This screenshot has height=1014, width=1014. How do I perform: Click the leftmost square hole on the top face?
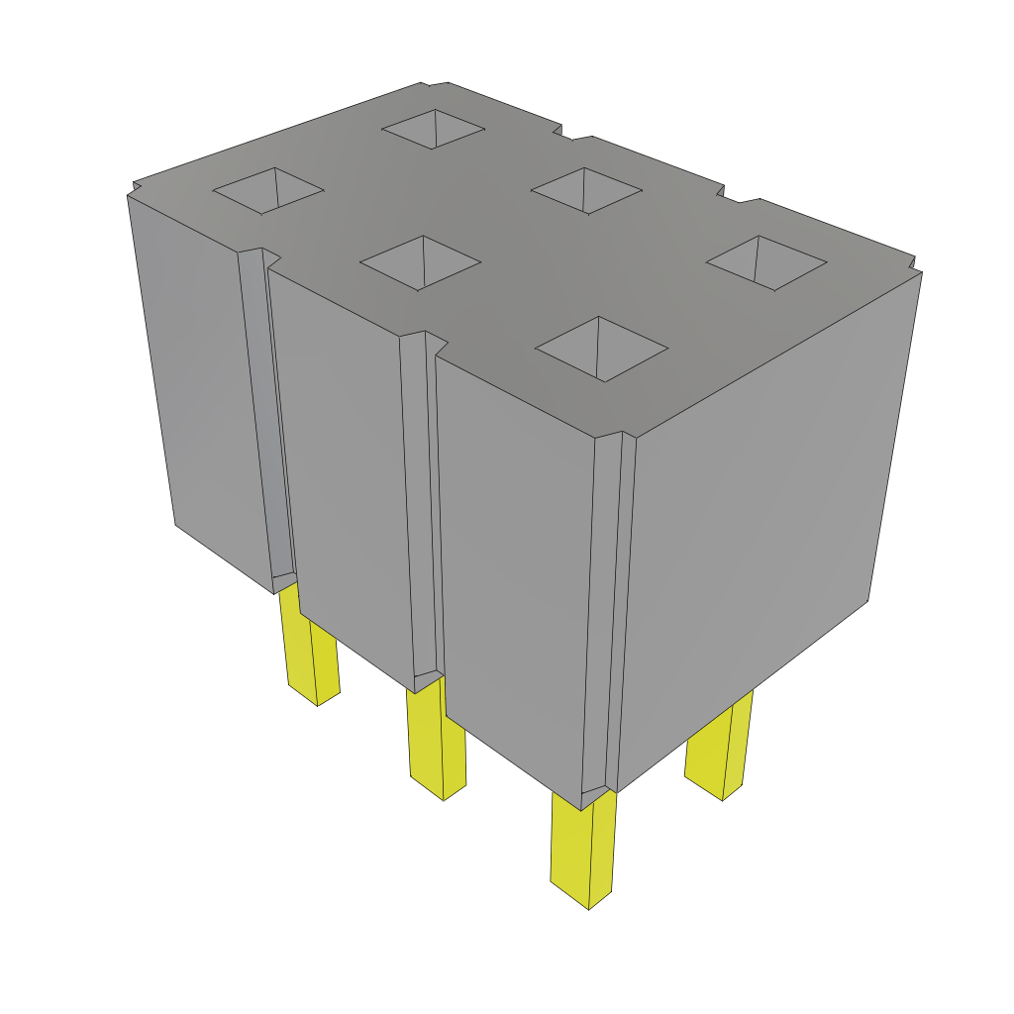[x=269, y=190]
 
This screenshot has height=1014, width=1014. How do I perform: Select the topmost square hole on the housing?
[x=434, y=128]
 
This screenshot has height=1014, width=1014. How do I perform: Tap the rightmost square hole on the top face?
[x=766, y=262]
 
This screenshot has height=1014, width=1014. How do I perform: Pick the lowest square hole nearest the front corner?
[x=601, y=349]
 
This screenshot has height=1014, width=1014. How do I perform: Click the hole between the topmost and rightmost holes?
[x=586, y=190]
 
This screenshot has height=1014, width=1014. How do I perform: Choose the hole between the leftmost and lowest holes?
[x=421, y=262]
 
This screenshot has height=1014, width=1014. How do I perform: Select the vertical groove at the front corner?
[x=606, y=614]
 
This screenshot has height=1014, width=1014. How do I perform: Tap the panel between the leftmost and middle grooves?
[x=342, y=465]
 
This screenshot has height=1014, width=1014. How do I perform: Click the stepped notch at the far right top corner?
[x=914, y=265]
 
